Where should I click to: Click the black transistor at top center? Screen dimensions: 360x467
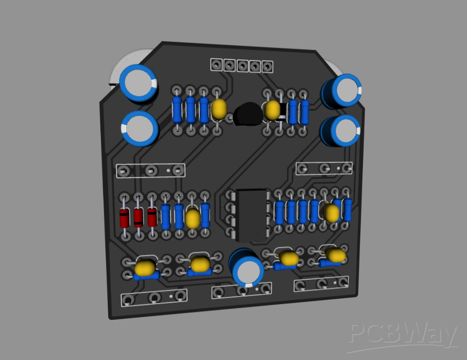[x=247, y=115]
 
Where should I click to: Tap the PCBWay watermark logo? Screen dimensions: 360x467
[x=403, y=335]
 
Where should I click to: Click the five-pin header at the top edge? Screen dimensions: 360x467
[x=242, y=66]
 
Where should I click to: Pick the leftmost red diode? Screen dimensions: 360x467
[x=125, y=218]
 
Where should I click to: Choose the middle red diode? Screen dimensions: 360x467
[x=138, y=218]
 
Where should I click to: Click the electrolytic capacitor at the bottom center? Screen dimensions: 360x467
[x=247, y=267]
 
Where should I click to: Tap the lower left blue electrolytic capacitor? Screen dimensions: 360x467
[x=139, y=128]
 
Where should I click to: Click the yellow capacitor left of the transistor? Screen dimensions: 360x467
[x=220, y=109]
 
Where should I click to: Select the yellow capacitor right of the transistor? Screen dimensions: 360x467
[x=272, y=110]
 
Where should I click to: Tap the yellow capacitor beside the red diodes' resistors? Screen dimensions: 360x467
[x=193, y=219]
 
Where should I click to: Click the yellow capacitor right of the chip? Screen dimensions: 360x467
[x=331, y=213]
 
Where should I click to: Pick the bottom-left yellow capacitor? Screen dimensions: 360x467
[x=145, y=268]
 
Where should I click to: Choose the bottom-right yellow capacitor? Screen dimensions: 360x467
[x=335, y=255]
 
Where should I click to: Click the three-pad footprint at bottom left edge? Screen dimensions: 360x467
[x=154, y=298]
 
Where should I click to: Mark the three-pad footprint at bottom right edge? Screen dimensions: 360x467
[x=322, y=283]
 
